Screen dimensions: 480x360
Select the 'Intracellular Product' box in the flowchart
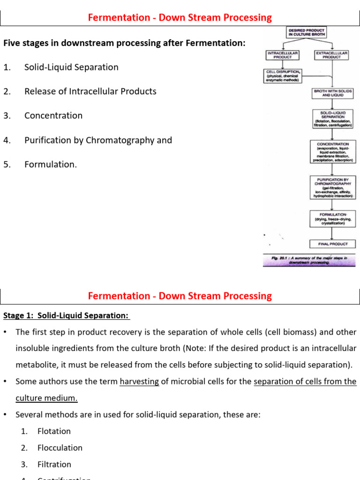click(x=282, y=55)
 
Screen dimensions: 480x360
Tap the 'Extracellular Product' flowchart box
click(x=331, y=55)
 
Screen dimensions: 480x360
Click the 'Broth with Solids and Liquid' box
click(x=332, y=92)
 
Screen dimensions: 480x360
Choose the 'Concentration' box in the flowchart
click(x=333, y=152)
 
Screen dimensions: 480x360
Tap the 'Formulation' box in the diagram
click(x=333, y=218)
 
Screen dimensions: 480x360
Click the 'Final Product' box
click(x=333, y=244)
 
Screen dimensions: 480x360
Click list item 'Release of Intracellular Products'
click(x=90, y=91)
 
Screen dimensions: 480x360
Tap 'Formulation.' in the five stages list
click(x=51, y=165)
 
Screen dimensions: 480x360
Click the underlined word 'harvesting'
click(x=139, y=382)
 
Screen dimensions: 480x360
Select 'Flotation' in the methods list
click(x=54, y=431)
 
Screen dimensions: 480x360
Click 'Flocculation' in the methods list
click(x=60, y=448)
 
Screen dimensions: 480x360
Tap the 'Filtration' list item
click(x=54, y=465)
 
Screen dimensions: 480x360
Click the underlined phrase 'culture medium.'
click(x=46, y=398)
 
